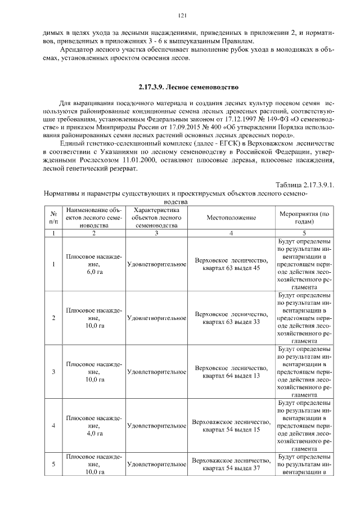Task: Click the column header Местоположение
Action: pos(231,217)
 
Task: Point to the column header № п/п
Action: pos(53,217)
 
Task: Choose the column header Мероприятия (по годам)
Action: pos(304,217)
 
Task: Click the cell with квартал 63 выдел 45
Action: pos(231,264)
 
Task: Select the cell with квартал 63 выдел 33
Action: pos(231,318)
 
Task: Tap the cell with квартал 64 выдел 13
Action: pos(231,371)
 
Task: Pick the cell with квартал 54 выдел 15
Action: pos(231,425)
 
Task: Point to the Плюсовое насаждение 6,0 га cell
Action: pos(94,264)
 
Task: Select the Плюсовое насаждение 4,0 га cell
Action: pos(94,425)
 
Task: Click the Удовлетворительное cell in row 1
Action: pos(157,264)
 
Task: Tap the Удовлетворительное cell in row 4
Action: pos(157,425)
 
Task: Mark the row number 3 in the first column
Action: pos(53,372)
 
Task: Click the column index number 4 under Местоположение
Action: pos(231,232)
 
